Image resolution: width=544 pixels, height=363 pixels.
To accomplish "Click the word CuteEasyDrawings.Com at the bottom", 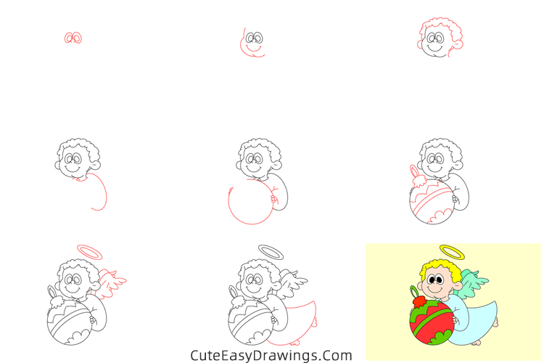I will (x=271, y=355).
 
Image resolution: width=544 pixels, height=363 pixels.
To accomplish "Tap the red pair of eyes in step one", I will (x=73, y=38).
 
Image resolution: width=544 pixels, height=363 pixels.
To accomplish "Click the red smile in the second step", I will (x=253, y=49).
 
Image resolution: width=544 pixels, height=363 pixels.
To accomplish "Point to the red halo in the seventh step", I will (x=90, y=251).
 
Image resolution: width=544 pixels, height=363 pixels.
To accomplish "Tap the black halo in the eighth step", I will (x=271, y=251).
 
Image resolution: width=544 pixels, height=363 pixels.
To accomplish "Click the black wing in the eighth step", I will (x=295, y=282).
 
